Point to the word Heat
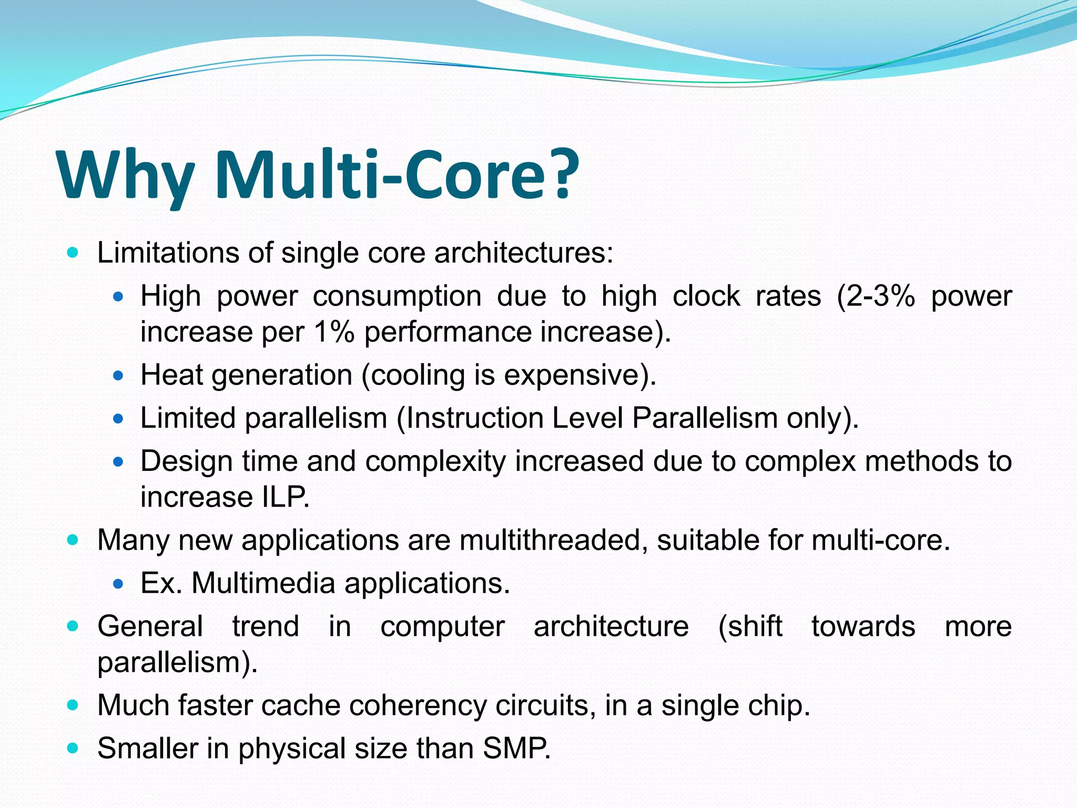pyautogui.click(x=171, y=375)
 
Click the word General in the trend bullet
pyautogui.click(x=150, y=627)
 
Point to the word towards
pyautogui.click(x=862, y=627)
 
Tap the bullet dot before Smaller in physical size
pyautogui.click(x=73, y=748)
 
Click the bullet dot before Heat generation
pyautogui.click(x=118, y=376)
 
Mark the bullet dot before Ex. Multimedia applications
pyautogui.click(x=118, y=584)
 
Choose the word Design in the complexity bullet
pyautogui.click(x=186, y=461)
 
